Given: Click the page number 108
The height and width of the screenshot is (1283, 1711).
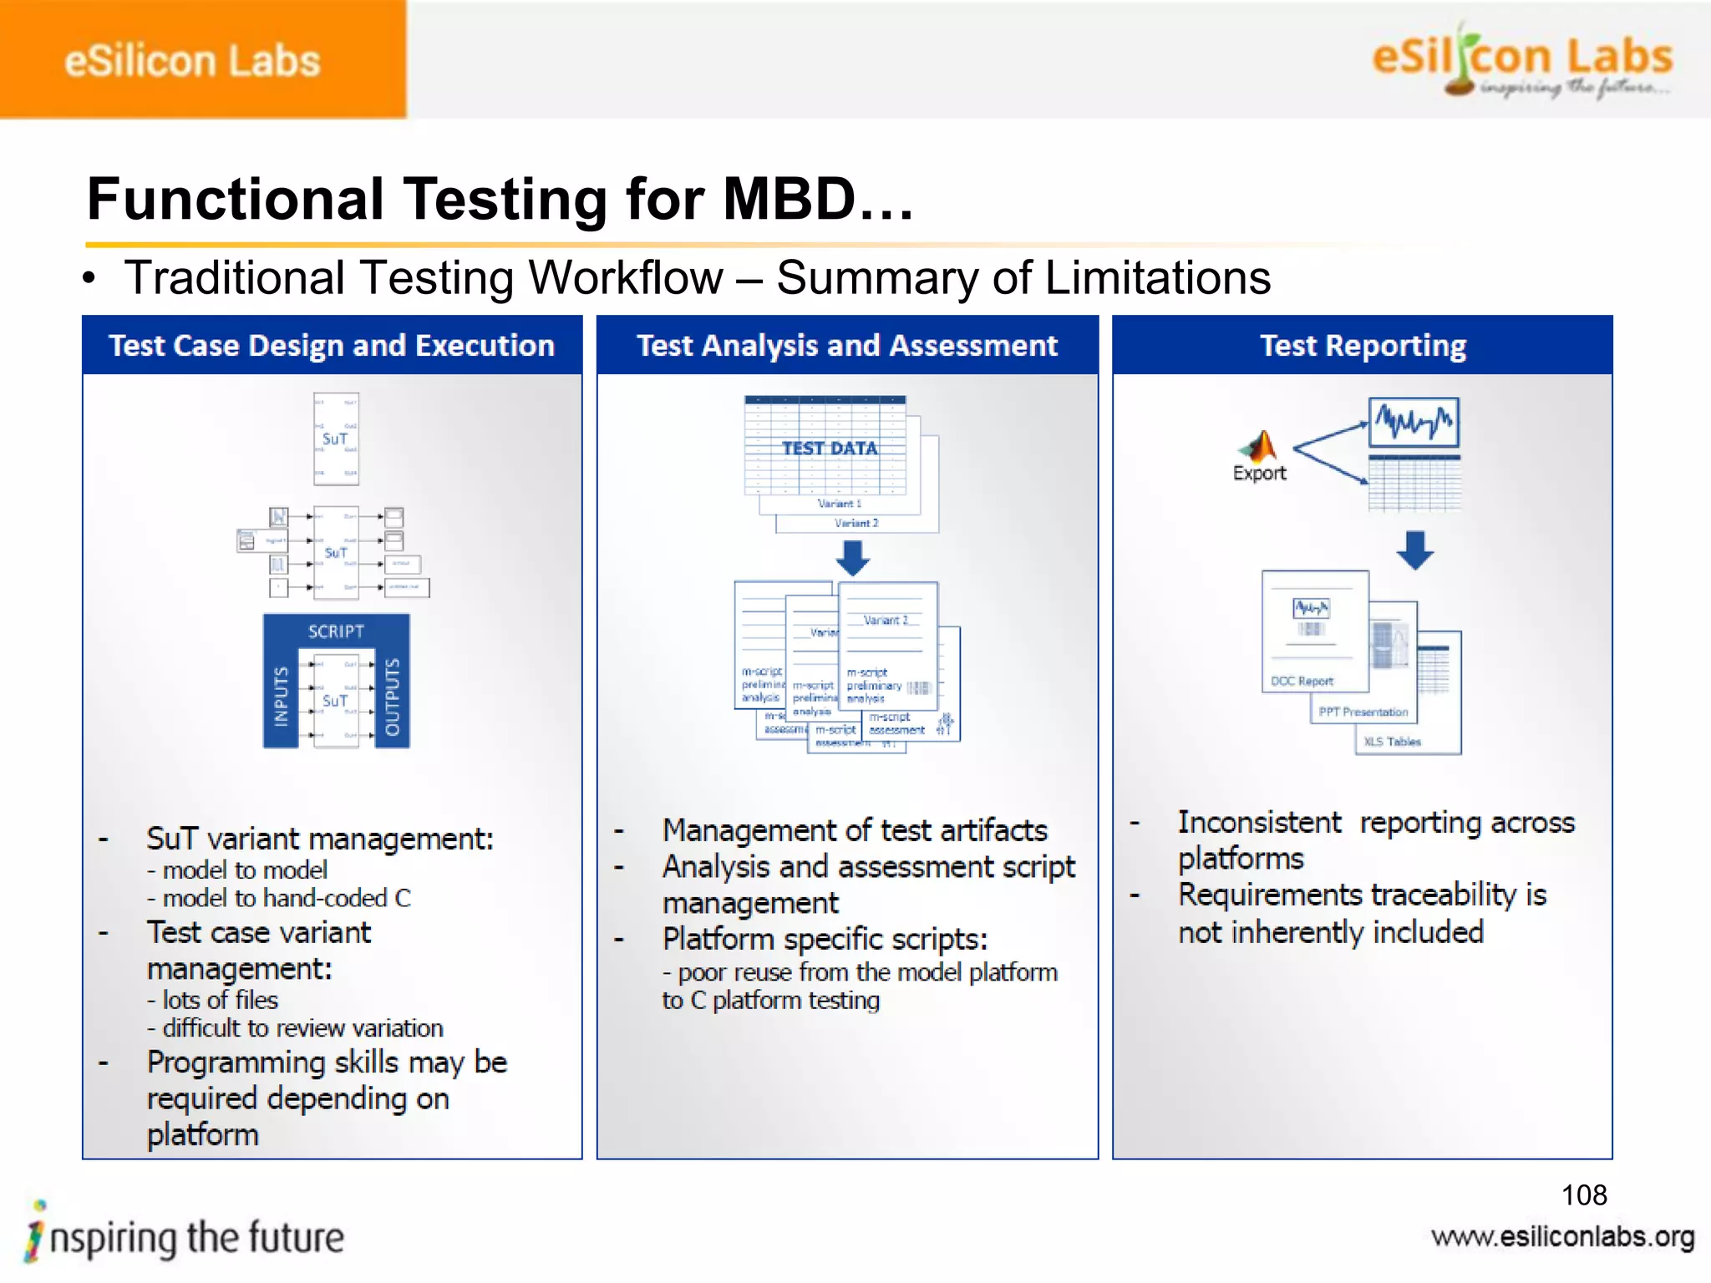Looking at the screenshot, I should coord(1583,1195).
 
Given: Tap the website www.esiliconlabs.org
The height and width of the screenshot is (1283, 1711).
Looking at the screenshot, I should coord(1562,1237).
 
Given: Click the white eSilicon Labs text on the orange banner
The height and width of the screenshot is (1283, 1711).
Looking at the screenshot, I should coord(192,61).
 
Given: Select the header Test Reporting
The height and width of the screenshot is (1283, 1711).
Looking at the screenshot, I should coord(1363,346).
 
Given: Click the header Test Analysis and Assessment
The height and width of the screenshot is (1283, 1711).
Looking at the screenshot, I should coord(847,346).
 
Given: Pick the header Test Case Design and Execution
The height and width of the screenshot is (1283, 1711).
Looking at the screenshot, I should coord(332,346).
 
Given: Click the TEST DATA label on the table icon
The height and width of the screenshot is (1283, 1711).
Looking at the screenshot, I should coord(829,449).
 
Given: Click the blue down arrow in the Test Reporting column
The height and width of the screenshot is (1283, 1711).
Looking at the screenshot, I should coord(1414,550).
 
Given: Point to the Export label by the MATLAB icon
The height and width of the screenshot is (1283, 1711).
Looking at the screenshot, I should coord(1259,474).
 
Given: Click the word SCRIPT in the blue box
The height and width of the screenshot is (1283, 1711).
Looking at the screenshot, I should coord(336,631).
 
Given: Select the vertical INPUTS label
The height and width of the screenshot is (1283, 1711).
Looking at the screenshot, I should coord(281,695).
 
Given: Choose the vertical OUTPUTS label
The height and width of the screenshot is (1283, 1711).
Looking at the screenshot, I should coord(392,697).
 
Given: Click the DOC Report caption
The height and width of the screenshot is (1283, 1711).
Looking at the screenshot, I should coord(1302,682).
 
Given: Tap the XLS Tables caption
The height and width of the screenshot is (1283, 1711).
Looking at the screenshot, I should coord(1392,742).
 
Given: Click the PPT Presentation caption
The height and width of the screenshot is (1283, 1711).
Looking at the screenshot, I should coord(1363,712).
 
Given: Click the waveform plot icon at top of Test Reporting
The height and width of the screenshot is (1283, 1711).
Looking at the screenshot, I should coord(1414,423).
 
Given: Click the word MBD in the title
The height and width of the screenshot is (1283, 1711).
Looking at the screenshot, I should coord(789,200).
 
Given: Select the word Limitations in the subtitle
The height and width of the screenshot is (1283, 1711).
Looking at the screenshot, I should coord(1157,278).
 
